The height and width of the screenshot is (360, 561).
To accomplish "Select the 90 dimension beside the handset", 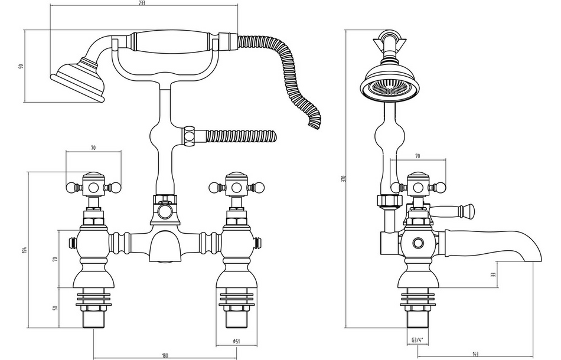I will pos(21,66).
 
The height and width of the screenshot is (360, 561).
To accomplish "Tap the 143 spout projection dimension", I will pos(475,355).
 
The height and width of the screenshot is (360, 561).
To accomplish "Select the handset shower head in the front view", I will pos(77,80).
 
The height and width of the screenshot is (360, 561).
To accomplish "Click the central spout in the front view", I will pos(164,248).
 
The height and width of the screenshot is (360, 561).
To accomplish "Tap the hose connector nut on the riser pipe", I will pos(190,136).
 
